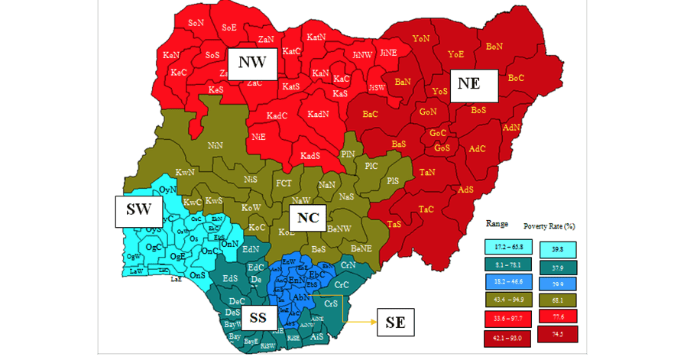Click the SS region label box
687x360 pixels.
click(x=258, y=317)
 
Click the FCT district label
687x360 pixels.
click(x=284, y=183)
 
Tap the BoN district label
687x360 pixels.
click(x=494, y=47)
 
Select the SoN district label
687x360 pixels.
click(x=196, y=24)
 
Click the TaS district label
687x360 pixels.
click(x=394, y=224)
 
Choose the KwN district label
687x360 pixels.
click(x=184, y=172)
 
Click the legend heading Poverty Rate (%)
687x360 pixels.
click(x=549, y=227)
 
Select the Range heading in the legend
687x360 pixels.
click(x=498, y=224)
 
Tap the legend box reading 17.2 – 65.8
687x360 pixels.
click(x=507, y=248)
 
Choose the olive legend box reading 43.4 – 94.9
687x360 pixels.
click(x=507, y=300)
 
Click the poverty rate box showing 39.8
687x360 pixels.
click(x=558, y=249)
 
